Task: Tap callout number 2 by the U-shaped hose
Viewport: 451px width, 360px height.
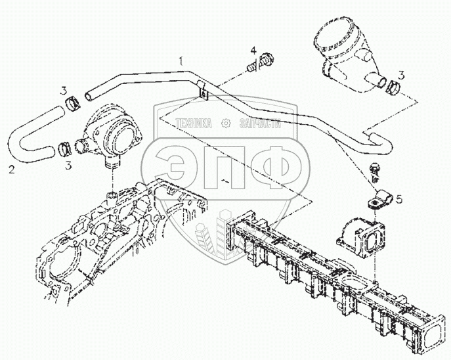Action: point(11,171)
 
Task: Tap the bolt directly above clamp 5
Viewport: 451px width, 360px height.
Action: point(374,168)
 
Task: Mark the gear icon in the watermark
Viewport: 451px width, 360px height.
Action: point(226,123)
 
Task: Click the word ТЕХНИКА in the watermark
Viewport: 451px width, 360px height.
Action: point(194,123)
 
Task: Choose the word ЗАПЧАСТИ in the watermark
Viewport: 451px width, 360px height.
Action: point(260,123)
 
